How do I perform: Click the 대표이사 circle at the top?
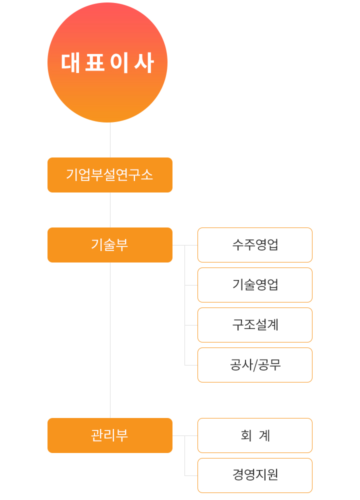pyautogui.click(x=107, y=62)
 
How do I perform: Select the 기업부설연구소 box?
pyautogui.click(x=110, y=175)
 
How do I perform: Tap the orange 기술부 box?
pyautogui.click(x=110, y=245)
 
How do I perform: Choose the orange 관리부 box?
pyautogui.click(x=110, y=435)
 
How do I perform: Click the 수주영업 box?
pyautogui.click(x=255, y=245)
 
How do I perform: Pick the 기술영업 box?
pyautogui.click(x=255, y=285)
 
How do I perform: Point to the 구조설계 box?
pyautogui.click(x=255, y=325)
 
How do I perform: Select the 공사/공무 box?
pyautogui.click(x=255, y=365)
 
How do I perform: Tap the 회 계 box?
pyautogui.click(x=255, y=435)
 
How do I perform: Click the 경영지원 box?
pyautogui.click(x=255, y=475)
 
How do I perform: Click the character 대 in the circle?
pyautogui.click(x=70, y=63)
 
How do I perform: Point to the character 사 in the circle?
pyautogui.click(x=144, y=63)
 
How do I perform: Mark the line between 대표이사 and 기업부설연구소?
pyautogui.click(x=110, y=140)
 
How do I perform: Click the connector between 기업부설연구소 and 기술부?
pyautogui.click(x=110, y=210)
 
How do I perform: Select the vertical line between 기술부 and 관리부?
pyautogui.click(x=110, y=340)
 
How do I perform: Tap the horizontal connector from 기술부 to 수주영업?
pyautogui.click(x=185, y=245)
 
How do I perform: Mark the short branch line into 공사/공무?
pyautogui.click(x=191, y=365)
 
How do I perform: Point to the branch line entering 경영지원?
pyautogui.click(x=191, y=476)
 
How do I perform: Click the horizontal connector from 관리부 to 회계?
pyautogui.click(x=185, y=435)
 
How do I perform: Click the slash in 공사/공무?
pyautogui.click(x=255, y=365)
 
